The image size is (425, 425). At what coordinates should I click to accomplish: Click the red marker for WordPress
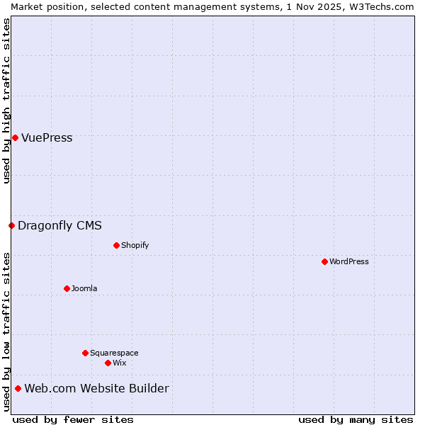(x=324, y=261)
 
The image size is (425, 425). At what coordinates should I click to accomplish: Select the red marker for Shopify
(x=116, y=245)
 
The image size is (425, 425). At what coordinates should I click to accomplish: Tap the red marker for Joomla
(x=67, y=288)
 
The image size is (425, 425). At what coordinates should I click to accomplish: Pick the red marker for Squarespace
(x=85, y=353)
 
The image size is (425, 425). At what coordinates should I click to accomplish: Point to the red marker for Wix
(x=108, y=363)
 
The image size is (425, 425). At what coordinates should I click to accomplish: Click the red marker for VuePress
(x=15, y=137)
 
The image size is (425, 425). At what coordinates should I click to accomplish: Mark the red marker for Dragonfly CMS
(x=11, y=225)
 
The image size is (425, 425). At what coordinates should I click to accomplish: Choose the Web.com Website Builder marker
(x=18, y=388)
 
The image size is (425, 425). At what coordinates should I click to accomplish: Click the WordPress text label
(x=349, y=261)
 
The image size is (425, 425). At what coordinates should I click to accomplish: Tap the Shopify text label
(x=135, y=245)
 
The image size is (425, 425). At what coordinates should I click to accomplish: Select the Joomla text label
(x=84, y=288)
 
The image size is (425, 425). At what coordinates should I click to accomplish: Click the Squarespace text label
(x=114, y=353)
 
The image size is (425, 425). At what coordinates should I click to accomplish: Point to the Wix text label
(x=120, y=363)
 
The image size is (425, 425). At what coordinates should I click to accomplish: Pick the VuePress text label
(x=47, y=137)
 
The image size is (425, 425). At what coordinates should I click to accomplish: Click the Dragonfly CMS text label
(x=59, y=225)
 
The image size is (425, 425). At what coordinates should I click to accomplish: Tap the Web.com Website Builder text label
(x=96, y=388)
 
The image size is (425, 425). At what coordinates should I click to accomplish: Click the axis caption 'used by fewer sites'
(x=73, y=419)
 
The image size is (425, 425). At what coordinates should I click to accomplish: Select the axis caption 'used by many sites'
(x=356, y=419)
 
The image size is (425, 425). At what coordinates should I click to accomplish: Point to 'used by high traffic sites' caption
(x=6, y=101)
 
